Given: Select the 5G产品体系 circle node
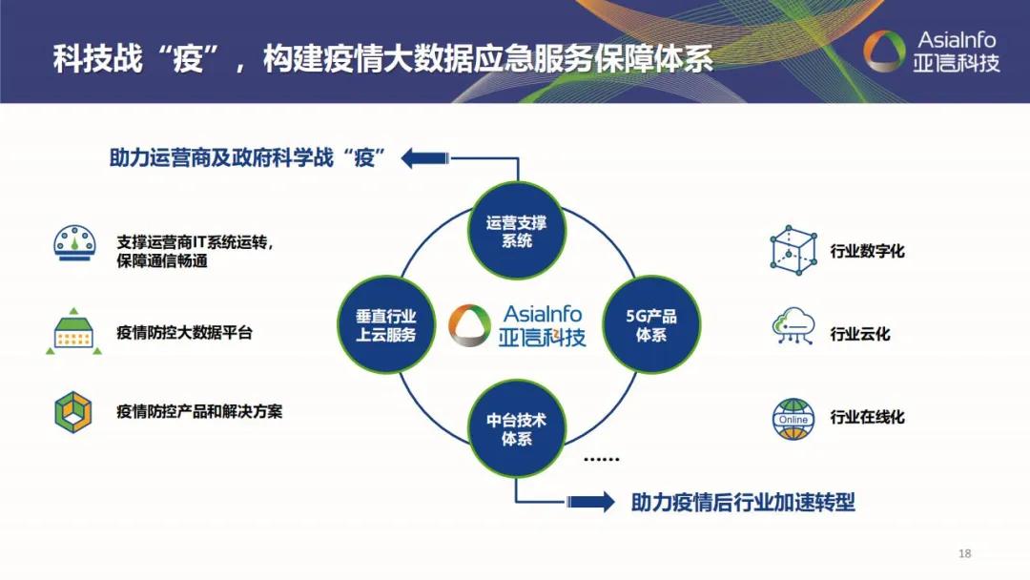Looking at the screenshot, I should pos(650,325).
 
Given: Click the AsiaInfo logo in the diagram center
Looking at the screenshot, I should pos(517,325).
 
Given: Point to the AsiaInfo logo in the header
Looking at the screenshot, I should pos(930,52).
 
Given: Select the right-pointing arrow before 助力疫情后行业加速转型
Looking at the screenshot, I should pos(590,502).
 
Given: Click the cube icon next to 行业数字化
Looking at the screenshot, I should pos(793,251).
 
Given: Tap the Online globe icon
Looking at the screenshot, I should pos(793,418).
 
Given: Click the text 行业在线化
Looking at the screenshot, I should pos(867,417).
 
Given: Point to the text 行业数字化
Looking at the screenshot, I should pos(867,252).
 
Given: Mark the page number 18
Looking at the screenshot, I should pos(964,554).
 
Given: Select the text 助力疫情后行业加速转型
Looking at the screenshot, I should pos(743,503).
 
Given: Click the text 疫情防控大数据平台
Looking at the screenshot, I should pos(185,333).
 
